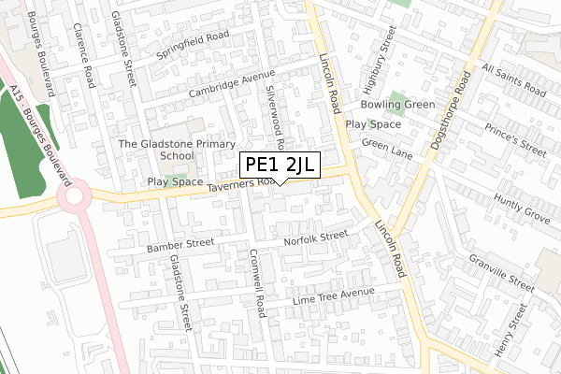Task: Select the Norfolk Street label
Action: click(316, 238)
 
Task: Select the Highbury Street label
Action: click(381, 52)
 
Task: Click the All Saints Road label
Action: click(512, 80)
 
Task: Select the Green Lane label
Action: click(387, 145)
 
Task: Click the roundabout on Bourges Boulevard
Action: click(73, 197)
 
